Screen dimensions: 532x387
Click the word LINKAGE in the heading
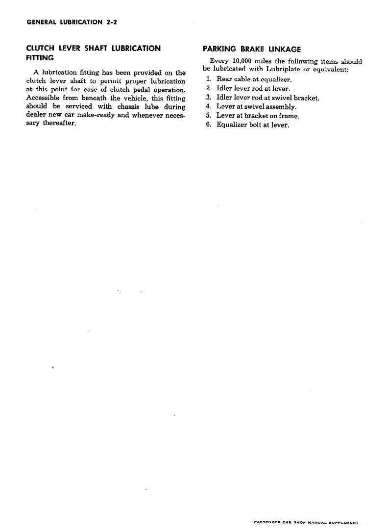coord(285,49)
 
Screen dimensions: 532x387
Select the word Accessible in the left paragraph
coord(43,98)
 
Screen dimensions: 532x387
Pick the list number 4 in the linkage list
coord(208,106)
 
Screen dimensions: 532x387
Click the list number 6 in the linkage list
coord(208,125)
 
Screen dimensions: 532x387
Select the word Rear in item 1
coord(224,79)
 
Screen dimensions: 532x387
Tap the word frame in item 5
coord(289,116)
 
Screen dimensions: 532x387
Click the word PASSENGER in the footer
coord(269,522)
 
